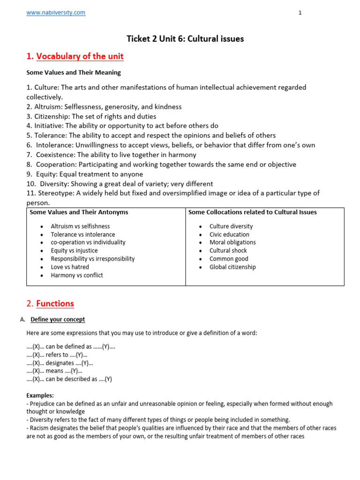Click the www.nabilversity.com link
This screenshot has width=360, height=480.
click(x=56, y=13)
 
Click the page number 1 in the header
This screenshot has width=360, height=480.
click(x=300, y=13)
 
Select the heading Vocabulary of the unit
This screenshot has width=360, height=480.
click(x=80, y=57)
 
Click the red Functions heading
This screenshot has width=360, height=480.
click(x=55, y=304)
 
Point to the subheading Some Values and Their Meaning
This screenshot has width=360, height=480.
click(x=74, y=73)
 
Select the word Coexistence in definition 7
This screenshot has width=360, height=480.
click(x=55, y=155)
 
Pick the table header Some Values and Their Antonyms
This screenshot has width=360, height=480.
click(x=79, y=212)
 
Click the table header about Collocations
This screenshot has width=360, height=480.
click(x=252, y=212)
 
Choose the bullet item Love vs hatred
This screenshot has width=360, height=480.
click(x=70, y=267)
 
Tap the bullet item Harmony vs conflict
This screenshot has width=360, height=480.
click(x=77, y=275)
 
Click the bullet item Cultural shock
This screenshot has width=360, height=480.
click(x=228, y=251)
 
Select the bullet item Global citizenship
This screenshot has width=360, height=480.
click(x=232, y=267)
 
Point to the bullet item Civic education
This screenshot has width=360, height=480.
click(x=229, y=234)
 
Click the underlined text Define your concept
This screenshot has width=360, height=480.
click(x=58, y=320)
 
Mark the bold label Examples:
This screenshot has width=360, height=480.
click(x=40, y=396)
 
